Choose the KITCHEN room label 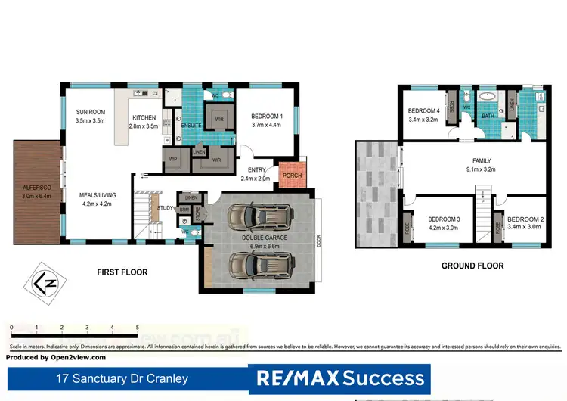pyautogui.click(x=144, y=118)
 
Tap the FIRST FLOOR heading pyautogui.click(x=122, y=272)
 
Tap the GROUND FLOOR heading pyautogui.click(x=472, y=266)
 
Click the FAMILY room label pyautogui.click(x=482, y=161)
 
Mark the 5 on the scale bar pyautogui.click(x=138, y=328)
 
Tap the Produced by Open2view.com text pyautogui.click(x=57, y=357)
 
